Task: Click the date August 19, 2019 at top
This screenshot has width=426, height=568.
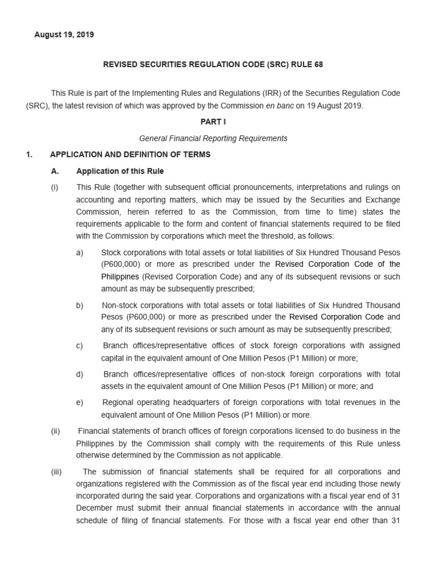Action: (x=64, y=34)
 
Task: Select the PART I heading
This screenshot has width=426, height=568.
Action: (x=213, y=121)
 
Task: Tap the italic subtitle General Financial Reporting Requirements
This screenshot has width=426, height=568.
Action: (x=213, y=138)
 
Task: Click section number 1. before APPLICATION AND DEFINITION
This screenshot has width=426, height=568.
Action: (x=29, y=155)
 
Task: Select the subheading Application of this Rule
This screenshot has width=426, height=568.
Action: (x=120, y=171)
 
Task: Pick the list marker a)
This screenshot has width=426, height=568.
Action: (x=80, y=252)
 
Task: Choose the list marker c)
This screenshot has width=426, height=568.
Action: (x=80, y=346)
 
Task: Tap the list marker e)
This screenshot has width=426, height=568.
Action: (x=80, y=402)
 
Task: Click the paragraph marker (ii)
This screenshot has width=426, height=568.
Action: (x=55, y=431)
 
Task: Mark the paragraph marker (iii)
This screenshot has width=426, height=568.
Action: (x=56, y=472)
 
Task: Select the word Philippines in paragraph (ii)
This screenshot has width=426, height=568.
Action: (x=96, y=443)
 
